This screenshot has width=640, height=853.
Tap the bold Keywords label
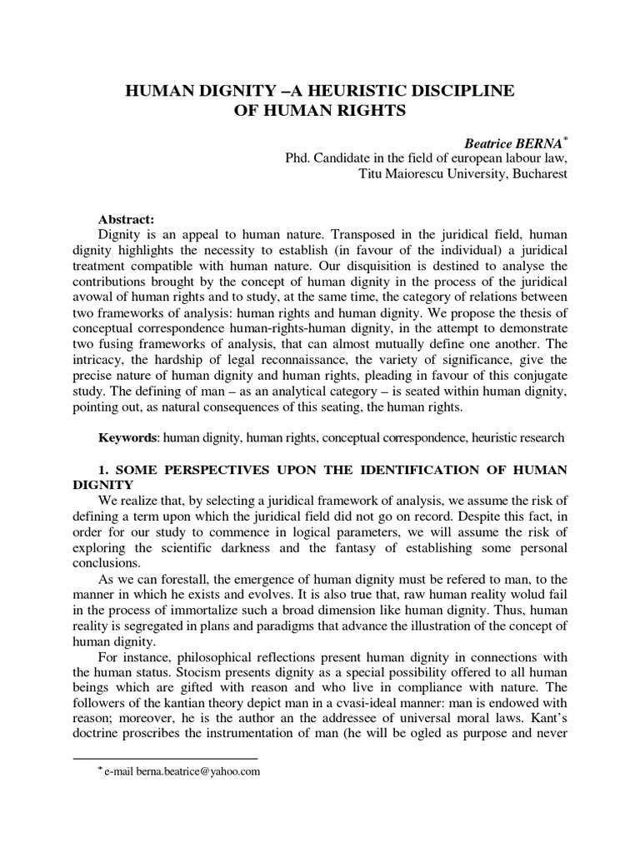click(127, 436)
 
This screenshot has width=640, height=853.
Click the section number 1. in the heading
click(104, 471)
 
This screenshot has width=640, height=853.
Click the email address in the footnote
click(196, 772)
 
